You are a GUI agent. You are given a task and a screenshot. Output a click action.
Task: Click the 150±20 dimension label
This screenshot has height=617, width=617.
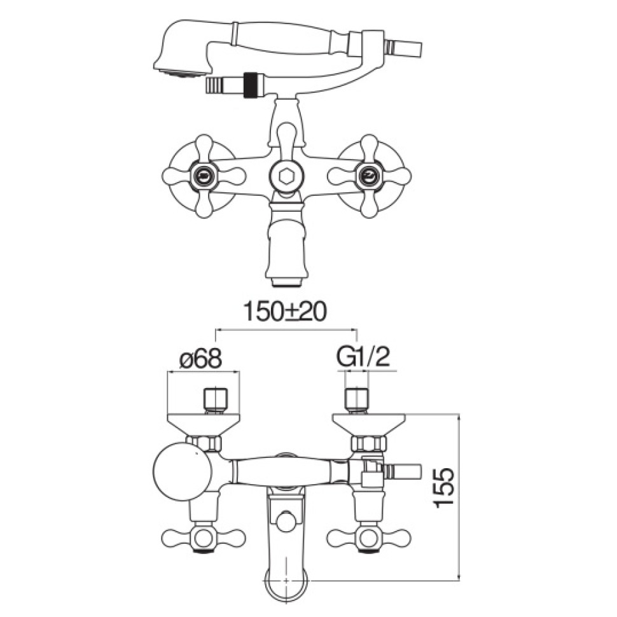click(x=286, y=312)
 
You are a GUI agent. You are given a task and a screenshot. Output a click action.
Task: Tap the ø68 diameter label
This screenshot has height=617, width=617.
click(x=200, y=359)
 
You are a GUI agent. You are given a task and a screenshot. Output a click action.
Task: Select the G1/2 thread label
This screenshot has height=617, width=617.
click(x=363, y=359)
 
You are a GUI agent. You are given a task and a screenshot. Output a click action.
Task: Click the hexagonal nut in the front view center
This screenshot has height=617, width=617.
click(x=286, y=176)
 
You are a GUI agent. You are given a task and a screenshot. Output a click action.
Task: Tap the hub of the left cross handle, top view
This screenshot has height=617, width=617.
click(x=204, y=176)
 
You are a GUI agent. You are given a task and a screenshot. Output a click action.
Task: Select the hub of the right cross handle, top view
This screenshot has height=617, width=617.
click(x=369, y=176)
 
